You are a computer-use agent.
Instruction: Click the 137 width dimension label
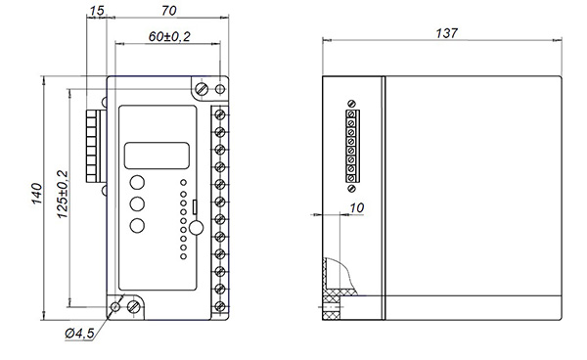[x=446, y=33]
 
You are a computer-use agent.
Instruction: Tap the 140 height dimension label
[x=37, y=194]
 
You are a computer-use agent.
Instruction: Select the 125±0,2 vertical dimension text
[x=63, y=195]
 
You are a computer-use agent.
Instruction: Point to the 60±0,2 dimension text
[x=169, y=36]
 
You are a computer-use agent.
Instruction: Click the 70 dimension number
[x=169, y=11]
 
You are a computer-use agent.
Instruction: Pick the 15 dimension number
[x=96, y=11]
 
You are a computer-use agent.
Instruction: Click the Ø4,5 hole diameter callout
[x=80, y=333]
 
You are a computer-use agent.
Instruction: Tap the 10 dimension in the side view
[x=356, y=208]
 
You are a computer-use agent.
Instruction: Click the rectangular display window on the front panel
[x=157, y=156]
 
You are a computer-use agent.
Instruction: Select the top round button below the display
[x=137, y=182]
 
